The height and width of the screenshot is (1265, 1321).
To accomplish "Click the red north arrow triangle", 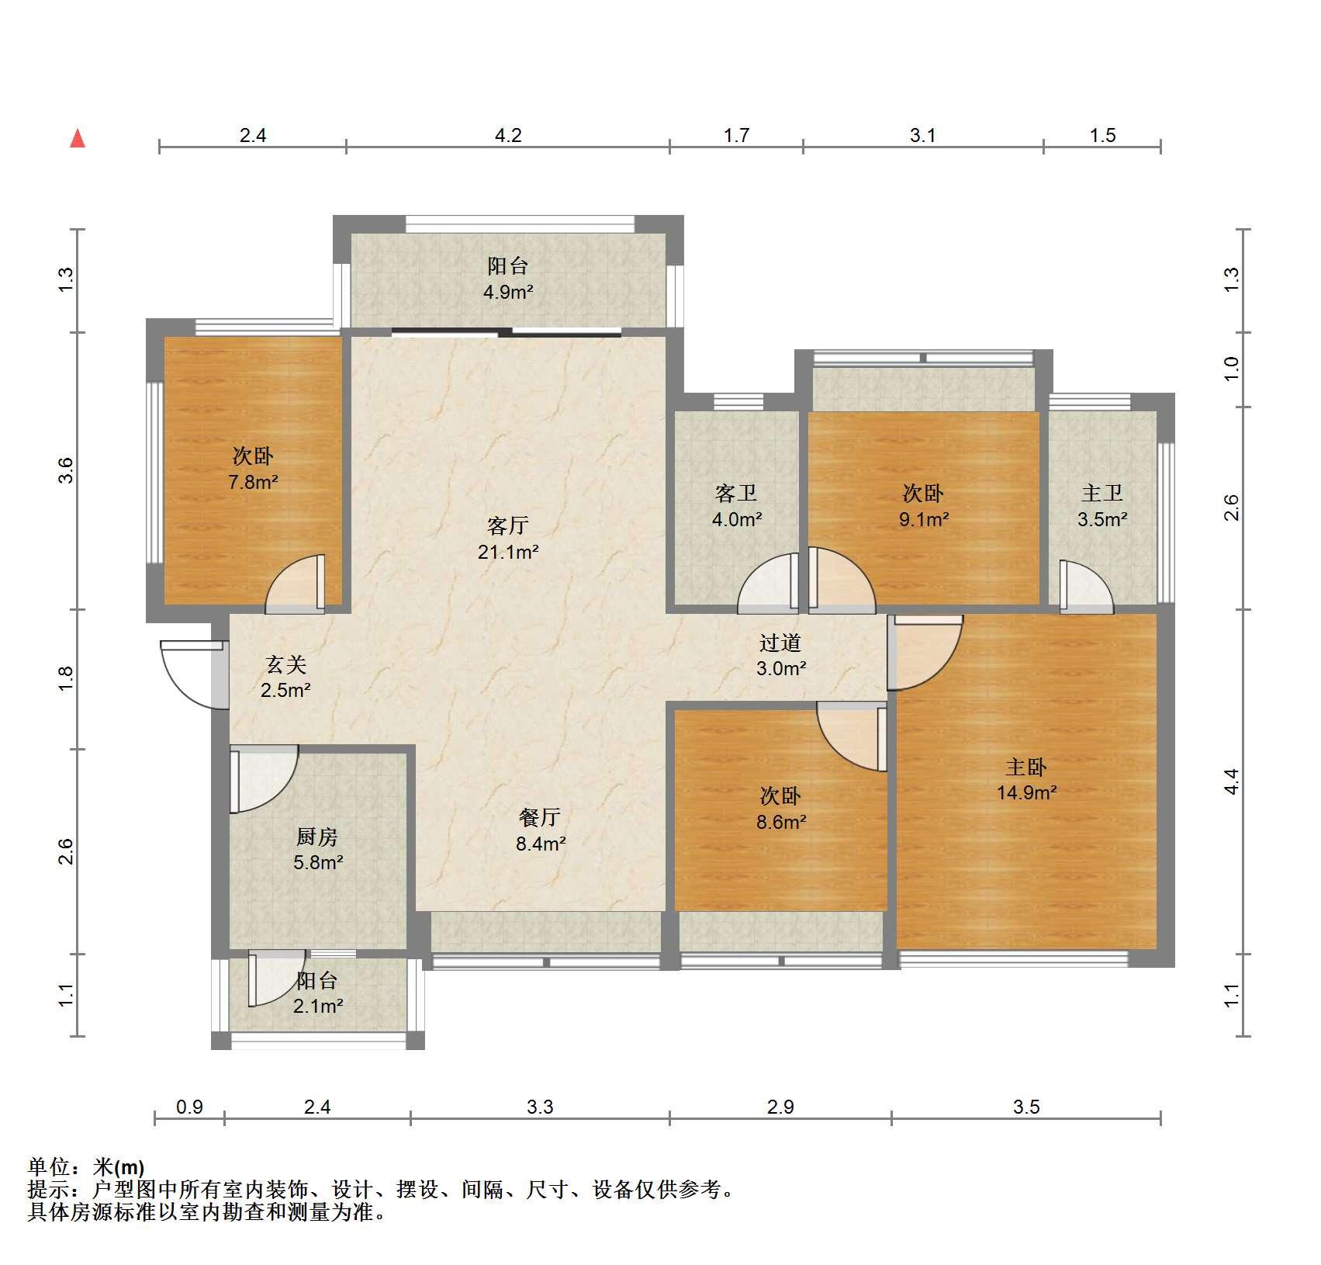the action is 78,138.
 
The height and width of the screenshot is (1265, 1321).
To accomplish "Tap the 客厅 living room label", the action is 508,525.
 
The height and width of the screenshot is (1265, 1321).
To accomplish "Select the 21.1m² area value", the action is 508,552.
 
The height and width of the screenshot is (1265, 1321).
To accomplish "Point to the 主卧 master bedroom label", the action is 1026,767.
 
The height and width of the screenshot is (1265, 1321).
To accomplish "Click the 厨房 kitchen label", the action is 317,837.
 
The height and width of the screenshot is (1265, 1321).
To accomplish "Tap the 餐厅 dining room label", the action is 540,817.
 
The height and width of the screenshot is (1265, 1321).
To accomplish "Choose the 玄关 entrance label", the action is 286,664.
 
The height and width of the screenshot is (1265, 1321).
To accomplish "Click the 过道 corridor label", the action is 780,643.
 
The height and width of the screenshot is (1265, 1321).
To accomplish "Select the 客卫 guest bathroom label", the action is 736,493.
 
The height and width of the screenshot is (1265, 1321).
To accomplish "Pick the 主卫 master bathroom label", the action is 1102,493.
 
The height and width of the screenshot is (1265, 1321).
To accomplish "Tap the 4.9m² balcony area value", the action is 508,293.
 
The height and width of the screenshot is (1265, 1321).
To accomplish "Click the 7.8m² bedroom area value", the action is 253,482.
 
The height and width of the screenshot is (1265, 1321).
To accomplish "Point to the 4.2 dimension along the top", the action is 508,136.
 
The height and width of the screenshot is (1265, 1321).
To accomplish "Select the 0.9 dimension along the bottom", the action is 189,1107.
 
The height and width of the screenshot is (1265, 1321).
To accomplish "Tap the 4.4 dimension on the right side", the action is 1232,781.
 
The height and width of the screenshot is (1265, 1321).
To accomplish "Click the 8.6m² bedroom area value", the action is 780,822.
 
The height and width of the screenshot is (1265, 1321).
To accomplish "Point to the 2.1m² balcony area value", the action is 317,1007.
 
